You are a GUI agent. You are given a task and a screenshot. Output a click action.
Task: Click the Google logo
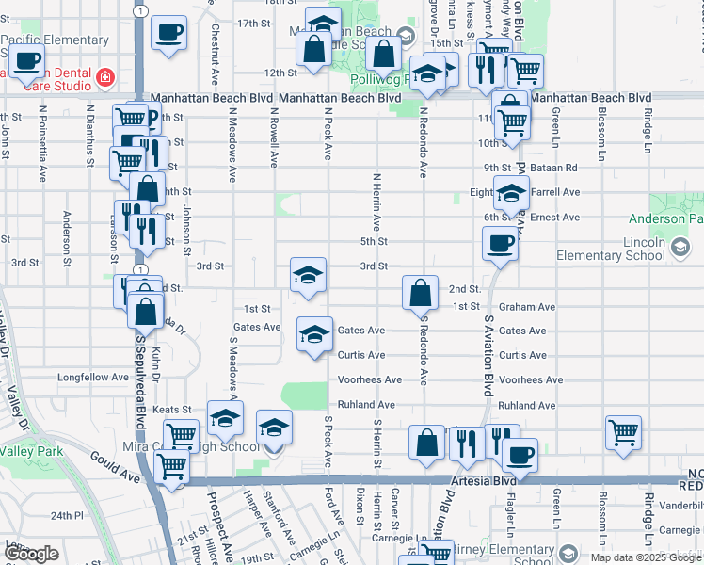pyautogui.click(x=31, y=554)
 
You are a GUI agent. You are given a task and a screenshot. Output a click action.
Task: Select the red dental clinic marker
pyautogui.click(x=106, y=76)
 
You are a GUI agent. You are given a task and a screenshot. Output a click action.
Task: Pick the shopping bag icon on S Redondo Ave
pyautogui.click(x=420, y=293)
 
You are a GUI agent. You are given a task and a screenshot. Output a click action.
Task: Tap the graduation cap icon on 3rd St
pyautogui.click(x=308, y=276)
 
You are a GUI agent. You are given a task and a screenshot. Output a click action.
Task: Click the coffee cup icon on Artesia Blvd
pyautogui.click(x=519, y=456)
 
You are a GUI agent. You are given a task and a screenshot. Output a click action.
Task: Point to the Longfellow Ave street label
pyautogui.click(x=92, y=377)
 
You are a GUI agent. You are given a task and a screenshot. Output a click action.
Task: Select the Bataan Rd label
pyautogui.click(x=558, y=168)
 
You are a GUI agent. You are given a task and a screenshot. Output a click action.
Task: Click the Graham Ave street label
pyautogui.click(x=527, y=307)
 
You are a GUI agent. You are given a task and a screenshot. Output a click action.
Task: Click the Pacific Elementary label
pyautogui.click(x=56, y=40)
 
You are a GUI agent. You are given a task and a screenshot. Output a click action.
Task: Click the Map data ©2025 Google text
pyautogui.click(x=645, y=557)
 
